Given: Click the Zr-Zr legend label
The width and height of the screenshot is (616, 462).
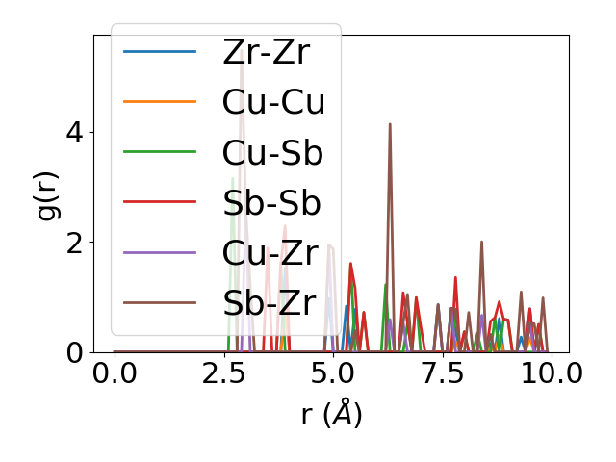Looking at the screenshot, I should [266, 52].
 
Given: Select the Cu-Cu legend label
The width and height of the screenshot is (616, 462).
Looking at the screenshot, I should [273, 102].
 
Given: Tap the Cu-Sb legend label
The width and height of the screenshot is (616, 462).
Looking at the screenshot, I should [272, 153].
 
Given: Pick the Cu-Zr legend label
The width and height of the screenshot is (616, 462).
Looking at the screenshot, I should [269, 253].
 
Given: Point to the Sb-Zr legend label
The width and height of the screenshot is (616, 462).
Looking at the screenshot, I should [269, 304].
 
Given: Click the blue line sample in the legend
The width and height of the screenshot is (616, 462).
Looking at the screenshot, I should [160, 52].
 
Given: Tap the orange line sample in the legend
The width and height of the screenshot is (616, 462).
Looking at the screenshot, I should [160, 102].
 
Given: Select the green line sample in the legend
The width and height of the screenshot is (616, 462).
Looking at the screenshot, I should [160, 153].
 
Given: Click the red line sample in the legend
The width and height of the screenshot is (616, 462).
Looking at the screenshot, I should [160, 203].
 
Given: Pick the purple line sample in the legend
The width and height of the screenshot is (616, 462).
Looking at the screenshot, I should [160, 253].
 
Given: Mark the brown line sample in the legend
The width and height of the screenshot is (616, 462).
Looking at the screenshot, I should [160, 304].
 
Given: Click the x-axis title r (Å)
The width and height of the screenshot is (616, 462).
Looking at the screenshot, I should [331, 415].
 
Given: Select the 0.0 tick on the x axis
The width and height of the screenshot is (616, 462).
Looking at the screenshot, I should [115, 373].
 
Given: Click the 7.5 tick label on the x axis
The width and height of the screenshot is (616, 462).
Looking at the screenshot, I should [443, 373].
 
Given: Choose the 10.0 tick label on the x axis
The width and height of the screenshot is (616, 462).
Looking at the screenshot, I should [551, 373].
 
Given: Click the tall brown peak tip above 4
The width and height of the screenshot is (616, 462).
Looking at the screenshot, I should [390, 123].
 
